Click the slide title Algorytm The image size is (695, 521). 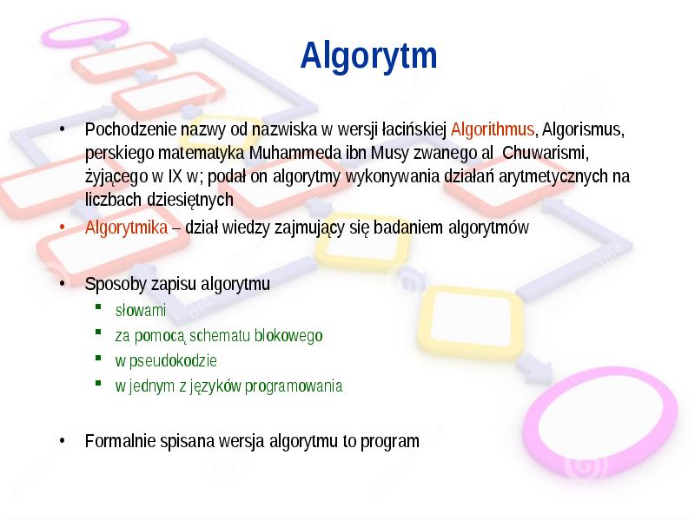tap(369, 56)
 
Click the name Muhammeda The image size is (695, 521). tap(288, 154)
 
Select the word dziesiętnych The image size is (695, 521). tap(189, 200)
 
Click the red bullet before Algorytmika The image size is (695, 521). tap(63, 228)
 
